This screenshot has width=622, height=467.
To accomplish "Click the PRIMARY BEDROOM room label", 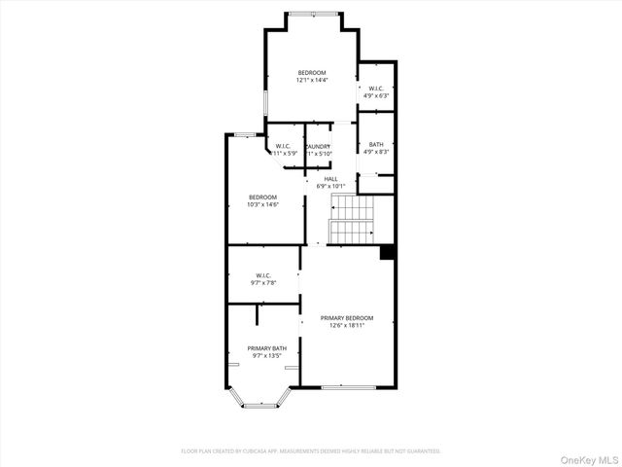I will (347, 318).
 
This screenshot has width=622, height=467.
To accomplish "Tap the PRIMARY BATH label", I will (266, 348).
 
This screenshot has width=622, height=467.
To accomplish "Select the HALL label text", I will (330, 179).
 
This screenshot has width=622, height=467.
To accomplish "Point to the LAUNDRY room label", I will (320, 147).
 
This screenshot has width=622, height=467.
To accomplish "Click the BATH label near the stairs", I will (376, 145).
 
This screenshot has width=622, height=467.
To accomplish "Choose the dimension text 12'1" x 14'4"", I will (311, 80).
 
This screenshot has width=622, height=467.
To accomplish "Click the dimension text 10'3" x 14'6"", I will (262, 204).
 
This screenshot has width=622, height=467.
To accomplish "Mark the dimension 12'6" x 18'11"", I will (347, 326).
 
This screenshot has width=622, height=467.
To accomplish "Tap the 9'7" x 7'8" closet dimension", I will (262, 282).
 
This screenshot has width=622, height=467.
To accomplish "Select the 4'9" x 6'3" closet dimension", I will (376, 95).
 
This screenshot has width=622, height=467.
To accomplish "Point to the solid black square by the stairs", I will (387, 252).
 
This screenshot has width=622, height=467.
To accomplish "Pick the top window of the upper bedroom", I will (313, 13).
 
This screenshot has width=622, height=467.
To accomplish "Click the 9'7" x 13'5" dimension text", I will (266, 356).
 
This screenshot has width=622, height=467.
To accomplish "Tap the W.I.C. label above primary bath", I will (262, 274).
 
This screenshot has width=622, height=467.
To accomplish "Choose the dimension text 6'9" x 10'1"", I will (330, 186).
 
